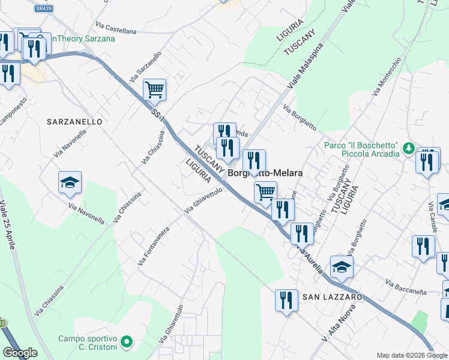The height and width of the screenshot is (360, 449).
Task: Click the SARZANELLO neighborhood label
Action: [x=75, y=122]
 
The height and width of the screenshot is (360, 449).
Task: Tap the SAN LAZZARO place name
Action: [x=331, y=297]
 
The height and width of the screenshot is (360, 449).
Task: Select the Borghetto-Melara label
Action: [x=265, y=173]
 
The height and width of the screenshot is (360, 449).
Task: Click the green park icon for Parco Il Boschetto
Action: [x=408, y=148]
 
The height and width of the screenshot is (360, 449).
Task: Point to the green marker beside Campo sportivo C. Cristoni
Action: [x=126, y=343]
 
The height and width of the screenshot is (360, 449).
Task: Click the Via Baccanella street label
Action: [x=406, y=287]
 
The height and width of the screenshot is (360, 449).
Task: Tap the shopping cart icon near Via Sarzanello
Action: [x=154, y=90]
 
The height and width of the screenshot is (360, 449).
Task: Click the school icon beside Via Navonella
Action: [x=70, y=182]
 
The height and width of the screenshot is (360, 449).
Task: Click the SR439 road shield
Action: [x=43, y=8]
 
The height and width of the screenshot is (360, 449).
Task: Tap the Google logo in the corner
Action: [x=20, y=353]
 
